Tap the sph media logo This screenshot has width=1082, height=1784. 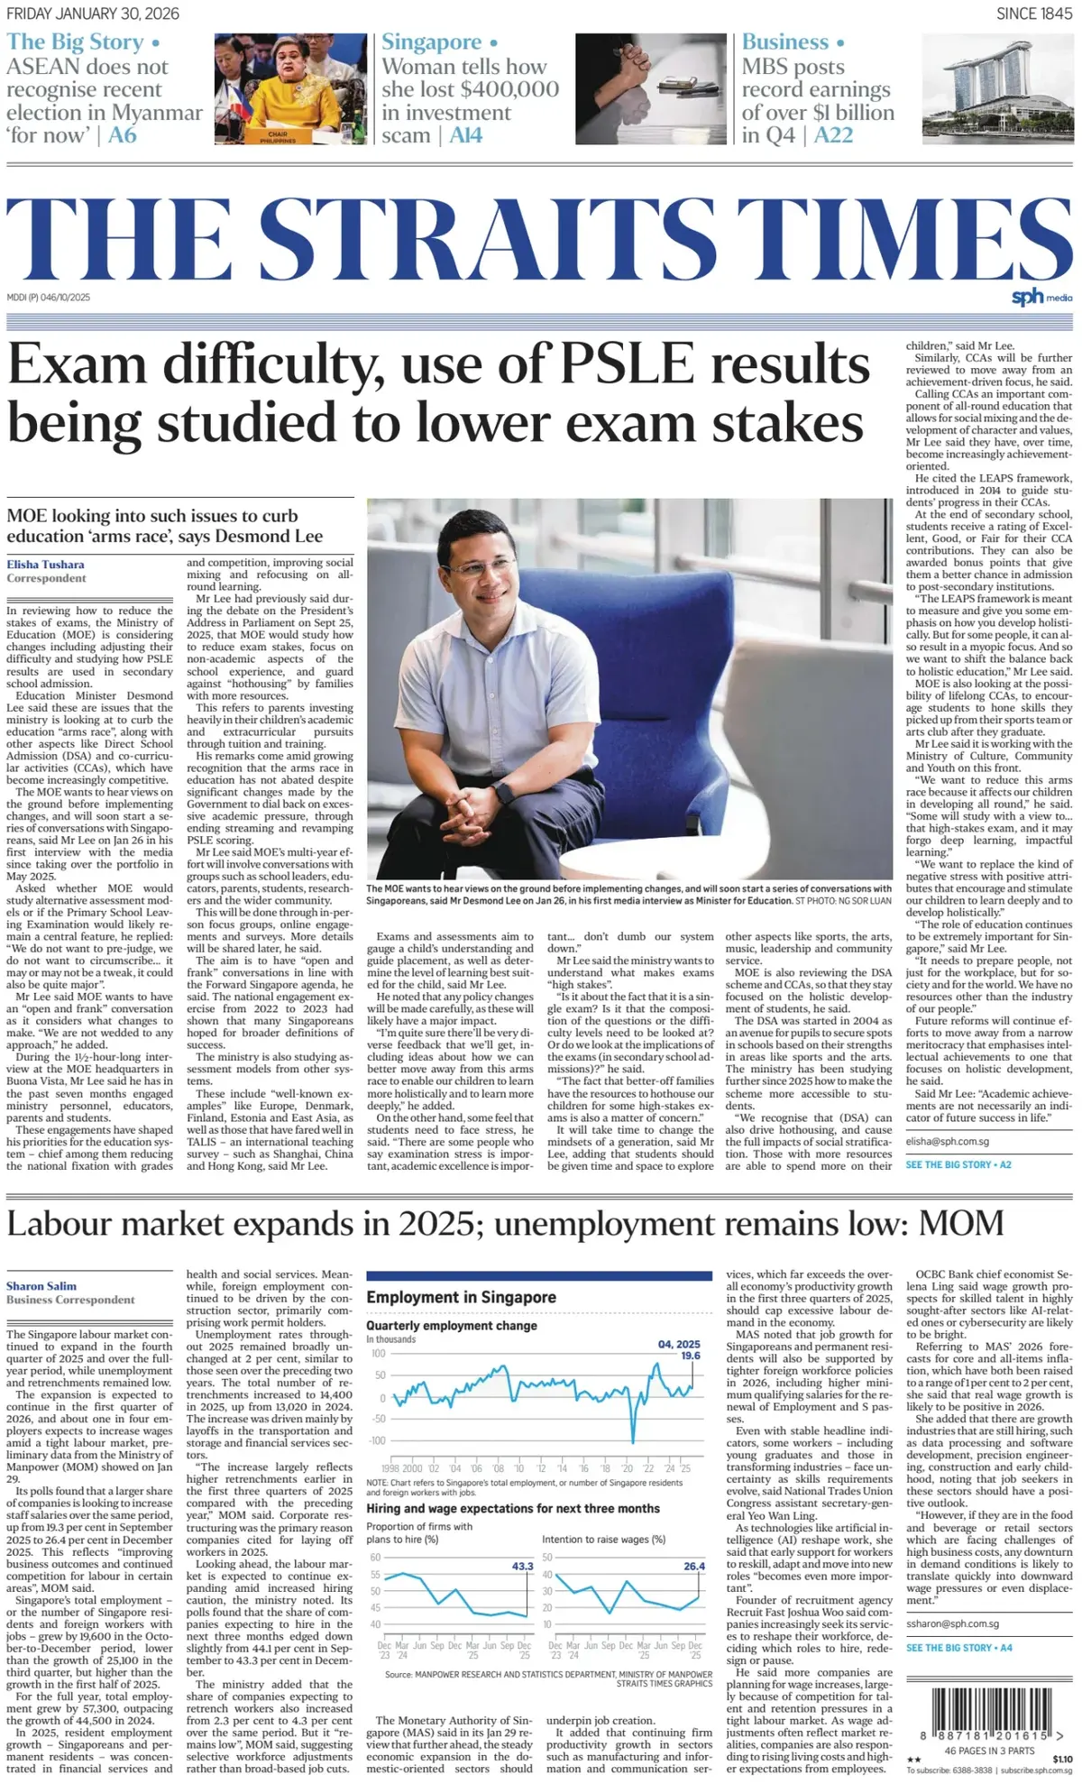[x=1041, y=297]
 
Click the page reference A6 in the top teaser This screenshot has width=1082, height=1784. [x=123, y=135]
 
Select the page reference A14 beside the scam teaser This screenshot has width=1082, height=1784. [x=466, y=135]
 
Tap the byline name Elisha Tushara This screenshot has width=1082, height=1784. [x=46, y=565]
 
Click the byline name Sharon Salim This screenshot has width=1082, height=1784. [x=41, y=1286]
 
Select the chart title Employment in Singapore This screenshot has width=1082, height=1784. [x=461, y=1297]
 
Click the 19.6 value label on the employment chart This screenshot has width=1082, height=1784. [x=690, y=1356]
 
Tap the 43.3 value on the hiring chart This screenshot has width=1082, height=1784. [x=523, y=1566]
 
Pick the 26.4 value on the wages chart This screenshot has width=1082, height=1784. [x=694, y=1566]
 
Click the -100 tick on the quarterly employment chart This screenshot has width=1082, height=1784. [x=376, y=1440]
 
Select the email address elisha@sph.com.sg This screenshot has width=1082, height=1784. [x=948, y=1141]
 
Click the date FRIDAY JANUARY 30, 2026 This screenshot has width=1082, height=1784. [x=93, y=14]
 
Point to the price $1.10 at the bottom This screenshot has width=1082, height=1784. [x=1062, y=1759]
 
